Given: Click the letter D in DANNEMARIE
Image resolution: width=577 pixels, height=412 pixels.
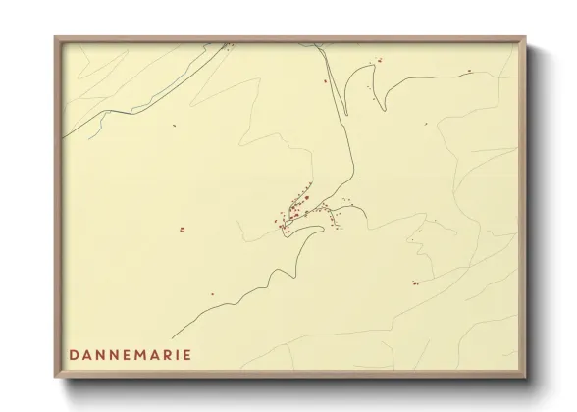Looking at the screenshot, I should pos(75,353).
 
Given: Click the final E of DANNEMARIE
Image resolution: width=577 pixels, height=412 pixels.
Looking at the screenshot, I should pos(187,353).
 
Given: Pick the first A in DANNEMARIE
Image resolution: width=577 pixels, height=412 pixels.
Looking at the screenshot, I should pos(88,353).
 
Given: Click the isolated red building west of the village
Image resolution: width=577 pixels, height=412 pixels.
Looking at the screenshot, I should pos(182,229).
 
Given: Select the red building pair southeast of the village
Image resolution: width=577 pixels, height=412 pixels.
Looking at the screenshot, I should pos(415,283).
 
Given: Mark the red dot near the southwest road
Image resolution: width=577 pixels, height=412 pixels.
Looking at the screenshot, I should pos(211,294).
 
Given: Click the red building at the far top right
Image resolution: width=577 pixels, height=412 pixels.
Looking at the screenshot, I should pos(469,71).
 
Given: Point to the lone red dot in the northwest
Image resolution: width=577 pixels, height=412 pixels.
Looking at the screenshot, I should pos(173,125).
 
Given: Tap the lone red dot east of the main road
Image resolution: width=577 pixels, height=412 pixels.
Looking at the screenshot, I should pos(426,124).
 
